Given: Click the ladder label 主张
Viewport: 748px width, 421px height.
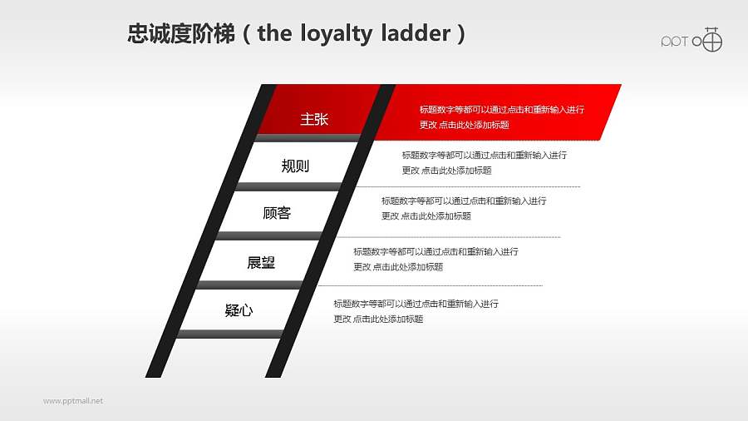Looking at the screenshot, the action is point(314,119).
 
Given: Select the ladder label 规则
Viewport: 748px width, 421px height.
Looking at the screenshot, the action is point(295,166).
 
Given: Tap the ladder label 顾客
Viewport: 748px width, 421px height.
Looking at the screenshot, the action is point(277,213).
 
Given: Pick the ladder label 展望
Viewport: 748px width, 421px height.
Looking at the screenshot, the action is point(261,263).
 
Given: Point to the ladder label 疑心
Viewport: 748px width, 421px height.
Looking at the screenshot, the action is point(239,311).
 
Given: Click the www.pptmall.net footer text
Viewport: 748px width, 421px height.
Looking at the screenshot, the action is point(73,401).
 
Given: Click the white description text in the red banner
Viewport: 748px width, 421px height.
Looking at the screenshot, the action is point(501,117).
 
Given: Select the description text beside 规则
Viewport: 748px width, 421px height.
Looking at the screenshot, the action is point(484,162).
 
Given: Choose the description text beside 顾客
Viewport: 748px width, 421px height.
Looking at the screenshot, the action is point(464,208).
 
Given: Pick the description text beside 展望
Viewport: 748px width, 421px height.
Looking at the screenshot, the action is point(436,259).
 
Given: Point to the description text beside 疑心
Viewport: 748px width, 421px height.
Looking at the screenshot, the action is point(416,311).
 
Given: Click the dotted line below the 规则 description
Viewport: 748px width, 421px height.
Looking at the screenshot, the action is point(474,187).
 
